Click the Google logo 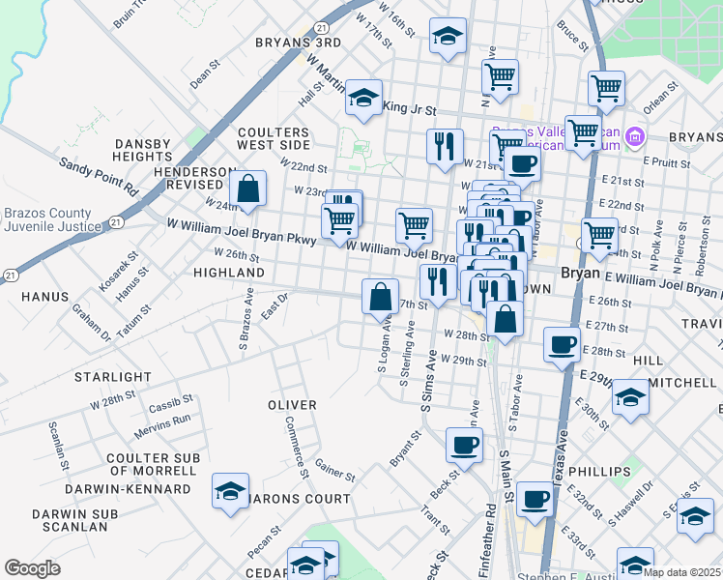click(x=32, y=568)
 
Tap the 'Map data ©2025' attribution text click(x=680, y=572)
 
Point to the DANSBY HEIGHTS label click(x=143, y=150)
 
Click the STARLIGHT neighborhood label click(x=115, y=376)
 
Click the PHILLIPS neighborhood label click(x=599, y=472)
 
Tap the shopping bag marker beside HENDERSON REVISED click(x=248, y=190)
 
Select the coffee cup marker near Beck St click(x=464, y=446)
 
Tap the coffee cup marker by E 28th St click(x=562, y=344)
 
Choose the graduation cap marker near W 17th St click(x=446, y=39)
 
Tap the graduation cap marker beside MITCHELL click(x=630, y=397)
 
